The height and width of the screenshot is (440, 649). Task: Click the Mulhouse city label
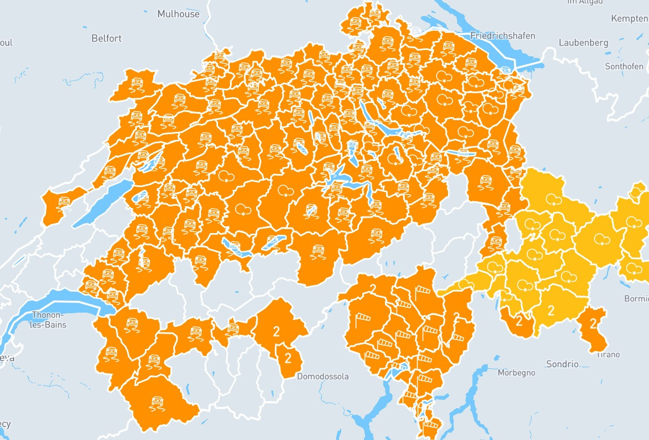click(178, 14)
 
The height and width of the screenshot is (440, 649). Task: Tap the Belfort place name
click(106, 38)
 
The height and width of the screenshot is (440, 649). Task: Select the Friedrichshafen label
click(503, 36)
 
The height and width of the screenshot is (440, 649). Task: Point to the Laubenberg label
click(583, 43)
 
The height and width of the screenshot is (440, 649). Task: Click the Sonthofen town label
click(624, 66)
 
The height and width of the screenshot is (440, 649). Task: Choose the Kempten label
click(629, 19)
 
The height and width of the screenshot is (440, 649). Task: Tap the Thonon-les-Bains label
click(49, 320)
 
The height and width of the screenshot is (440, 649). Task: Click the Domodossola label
click(323, 376)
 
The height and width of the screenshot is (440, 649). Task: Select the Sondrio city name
click(562, 364)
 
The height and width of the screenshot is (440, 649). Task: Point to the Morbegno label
click(516, 373)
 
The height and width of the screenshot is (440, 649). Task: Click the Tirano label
click(608, 355)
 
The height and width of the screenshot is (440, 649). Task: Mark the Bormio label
click(636, 298)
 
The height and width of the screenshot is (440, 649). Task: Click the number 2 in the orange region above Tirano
click(593, 324)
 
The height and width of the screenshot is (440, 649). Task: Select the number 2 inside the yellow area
click(551, 310)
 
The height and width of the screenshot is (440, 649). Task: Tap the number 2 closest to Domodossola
click(288, 358)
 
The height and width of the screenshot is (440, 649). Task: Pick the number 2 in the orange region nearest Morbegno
click(518, 322)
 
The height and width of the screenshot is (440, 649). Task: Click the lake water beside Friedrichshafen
click(520, 54)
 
